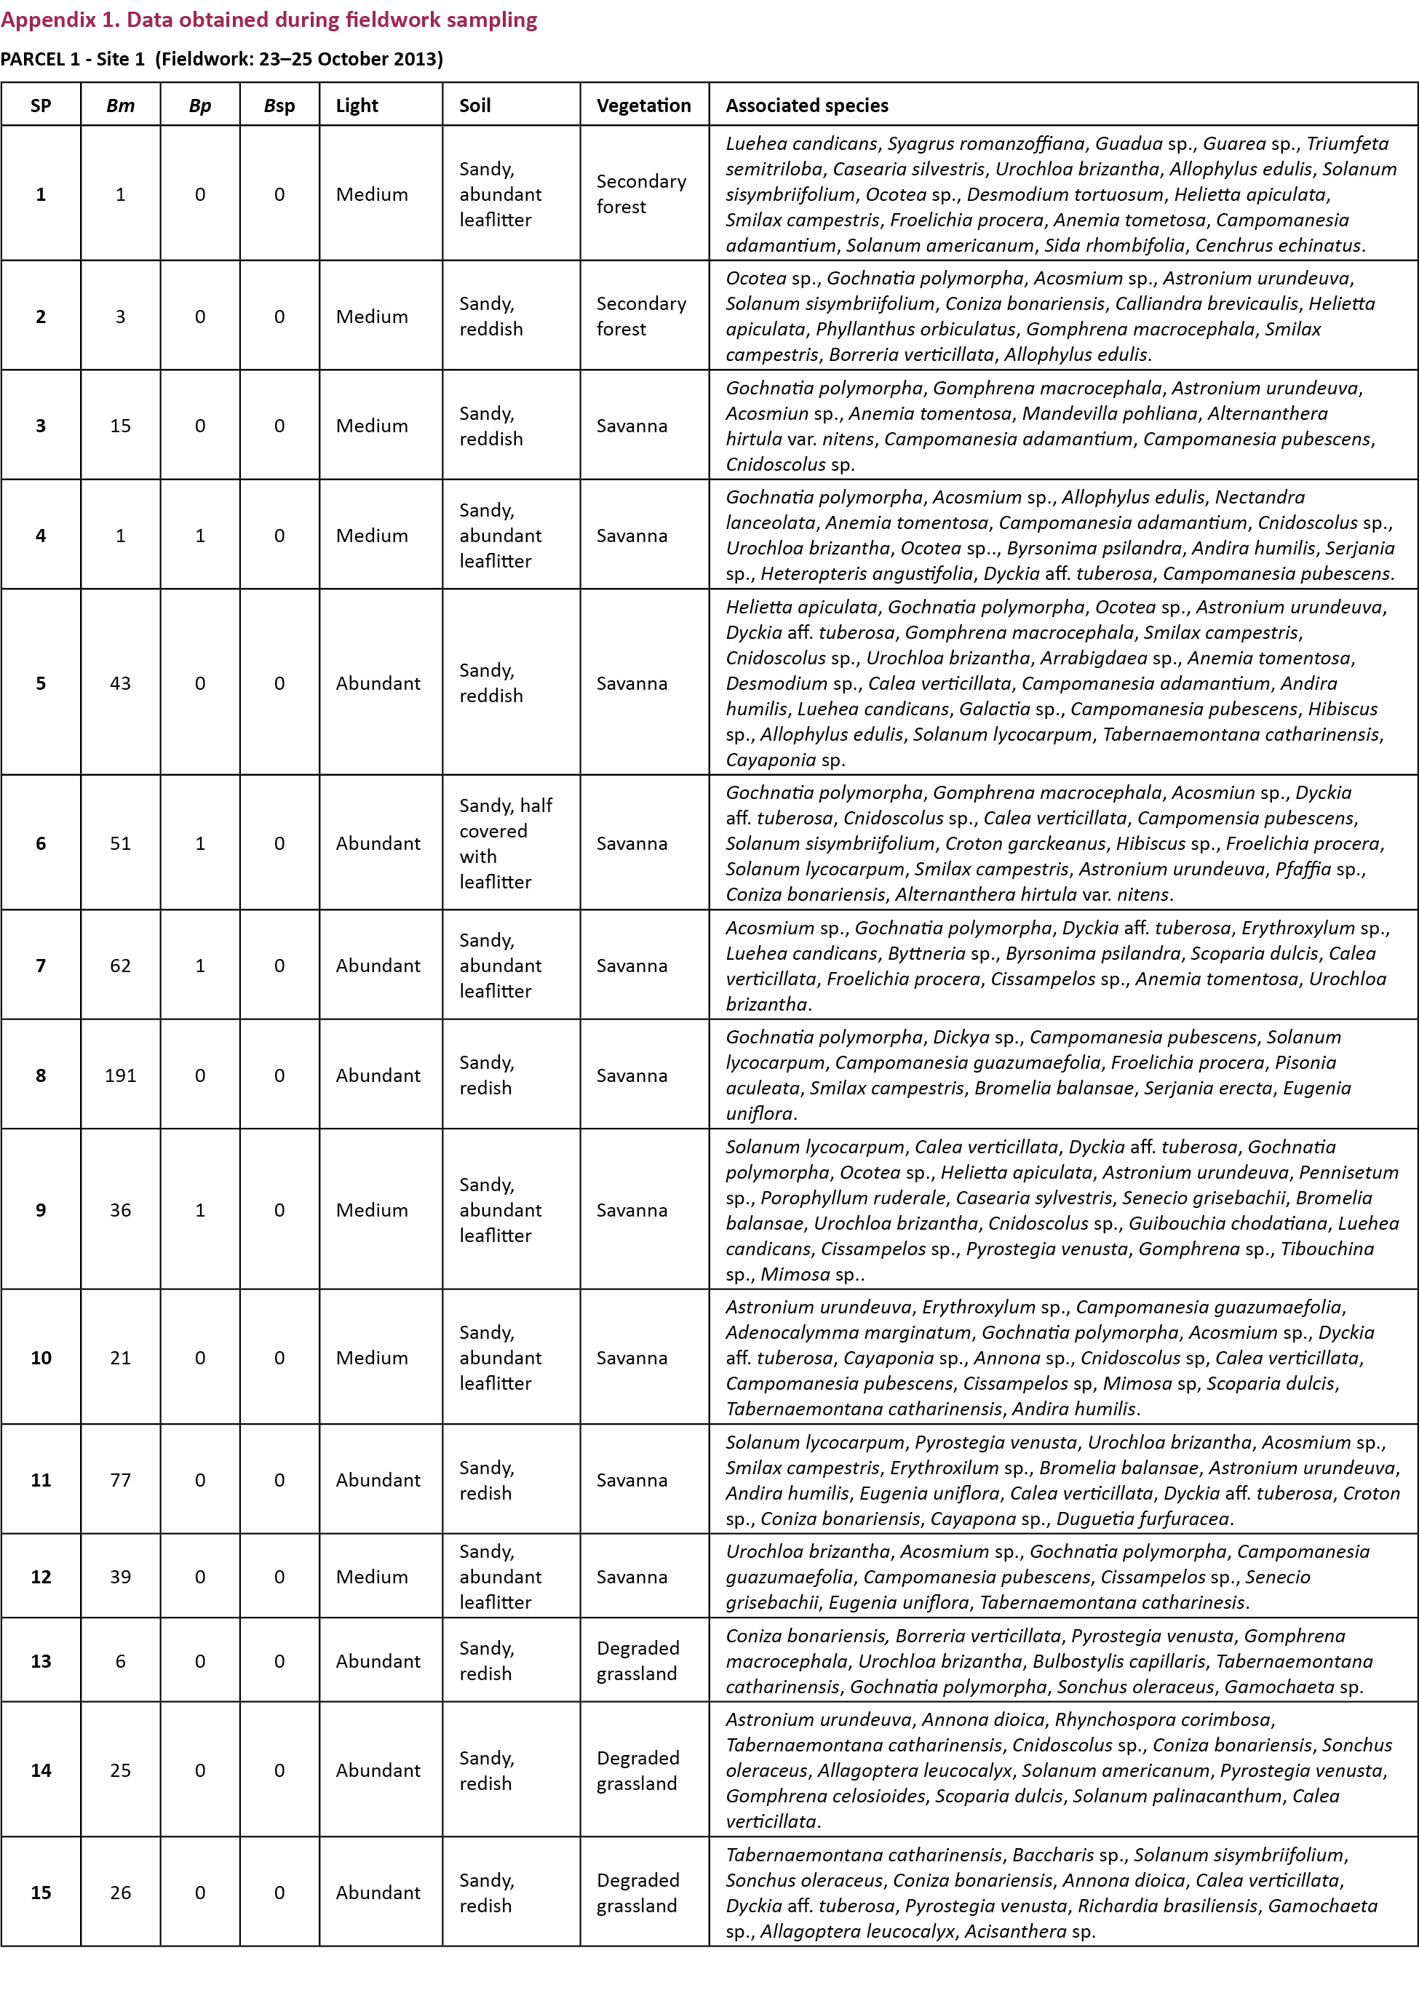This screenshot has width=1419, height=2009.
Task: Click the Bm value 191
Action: [121, 1075]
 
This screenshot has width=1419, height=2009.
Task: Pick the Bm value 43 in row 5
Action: [121, 683]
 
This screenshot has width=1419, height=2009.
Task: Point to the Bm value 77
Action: [121, 1479]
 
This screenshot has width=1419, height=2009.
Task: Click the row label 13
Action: [41, 1660]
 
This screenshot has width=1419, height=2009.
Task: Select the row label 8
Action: [41, 1075]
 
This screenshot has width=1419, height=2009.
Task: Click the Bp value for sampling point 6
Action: [200, 843]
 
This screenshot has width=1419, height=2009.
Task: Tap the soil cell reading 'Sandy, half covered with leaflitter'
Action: [506, 843]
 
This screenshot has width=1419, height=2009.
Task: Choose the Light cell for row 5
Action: [378, 683]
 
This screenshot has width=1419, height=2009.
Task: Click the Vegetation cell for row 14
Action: [637, 1770]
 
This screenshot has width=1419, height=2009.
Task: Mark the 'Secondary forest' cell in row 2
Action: [641, 316]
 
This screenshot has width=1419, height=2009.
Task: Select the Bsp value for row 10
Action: [279, 1358]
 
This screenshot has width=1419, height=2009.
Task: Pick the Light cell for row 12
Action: [372, 1577]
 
